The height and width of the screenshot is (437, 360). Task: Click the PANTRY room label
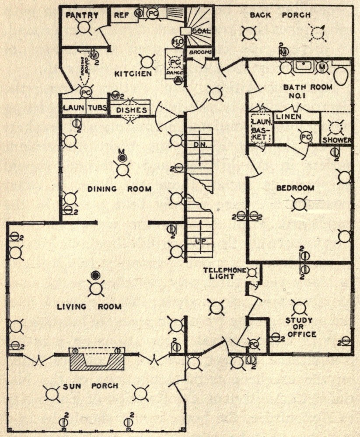pos(82,16)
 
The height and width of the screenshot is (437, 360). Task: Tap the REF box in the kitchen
pos(121,14)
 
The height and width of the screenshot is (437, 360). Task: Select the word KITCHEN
pos(133,73)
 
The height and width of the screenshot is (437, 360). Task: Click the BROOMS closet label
pos(200,52)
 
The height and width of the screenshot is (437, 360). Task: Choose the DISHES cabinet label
pos(132,110)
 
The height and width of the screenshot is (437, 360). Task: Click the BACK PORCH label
pos(280,15)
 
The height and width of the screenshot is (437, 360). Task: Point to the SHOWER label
pos(337,140)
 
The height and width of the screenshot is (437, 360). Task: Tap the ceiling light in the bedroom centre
pos(299,203)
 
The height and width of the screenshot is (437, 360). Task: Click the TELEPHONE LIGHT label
pos(225,274)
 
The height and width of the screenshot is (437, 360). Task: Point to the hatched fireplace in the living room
pos(97,359)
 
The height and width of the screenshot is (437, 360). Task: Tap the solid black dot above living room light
pos(95,275)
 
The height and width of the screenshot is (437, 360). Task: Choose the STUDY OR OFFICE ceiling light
pos(299,308)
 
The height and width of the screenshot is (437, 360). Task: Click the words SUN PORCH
pos(93,386)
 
